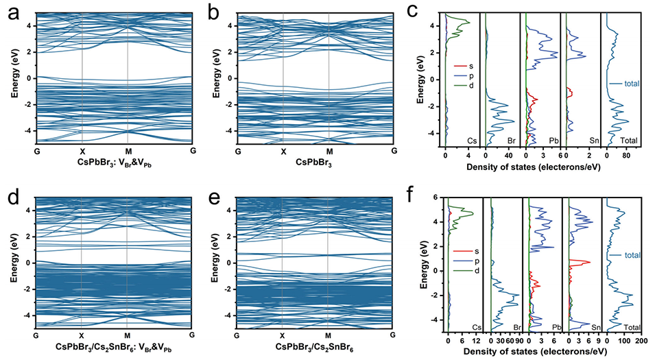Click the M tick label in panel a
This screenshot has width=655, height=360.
[128, 151]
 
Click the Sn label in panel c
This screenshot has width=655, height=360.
[592, 140]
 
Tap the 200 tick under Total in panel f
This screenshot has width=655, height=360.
[641, 339]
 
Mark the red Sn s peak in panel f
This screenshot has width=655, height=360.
[588, 261]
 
